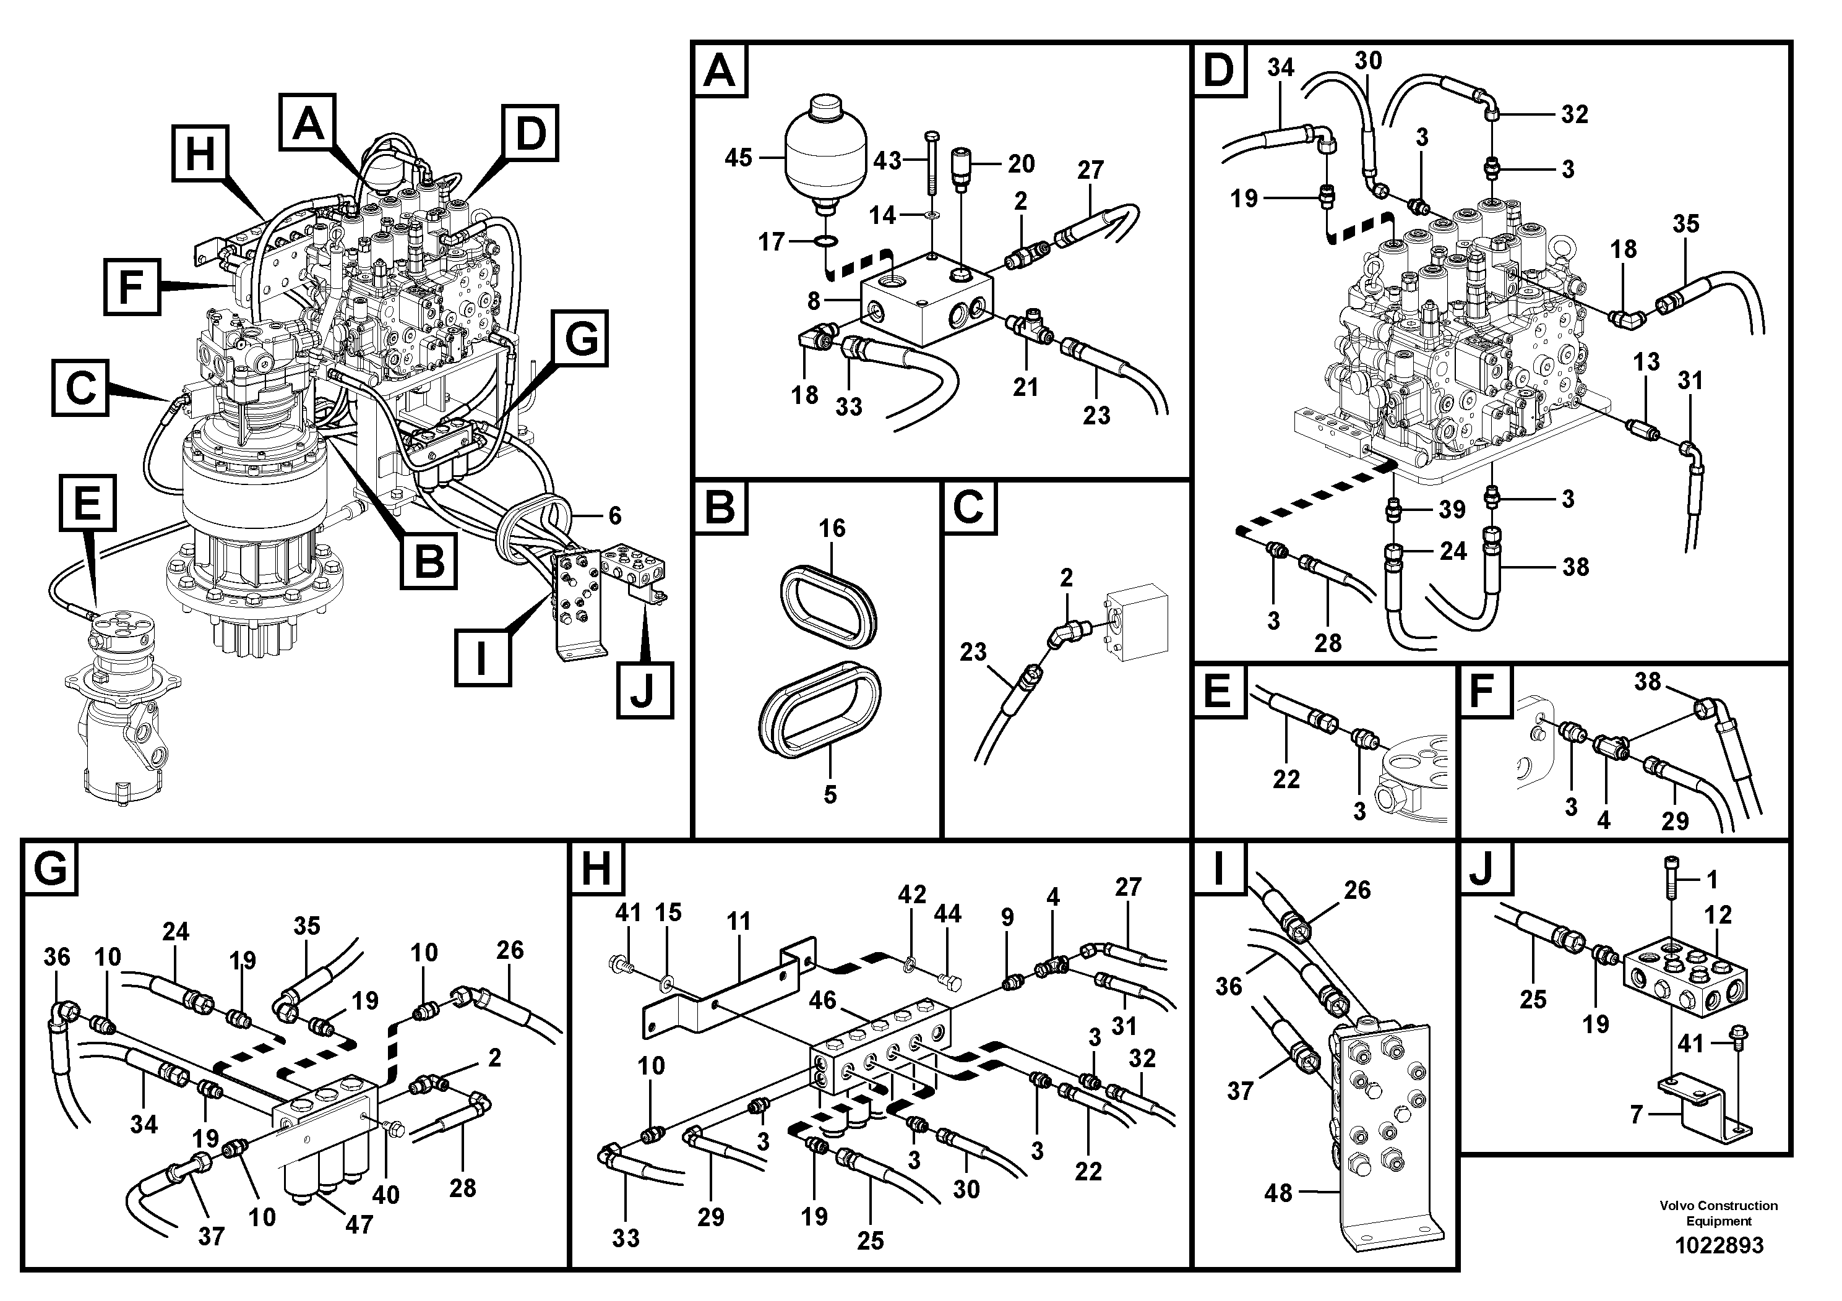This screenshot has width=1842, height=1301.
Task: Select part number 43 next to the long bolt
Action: click(x=887, y=161)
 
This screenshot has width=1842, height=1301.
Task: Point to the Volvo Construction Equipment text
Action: click(x=1718, y=1213)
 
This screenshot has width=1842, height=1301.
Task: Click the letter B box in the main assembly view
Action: click(x=430, y=562)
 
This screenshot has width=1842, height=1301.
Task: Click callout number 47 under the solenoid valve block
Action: click(x=359, y=1224)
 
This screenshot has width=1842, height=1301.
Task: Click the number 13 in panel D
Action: click(x=1646, y=362)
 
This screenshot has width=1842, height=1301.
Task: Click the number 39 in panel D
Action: click(x=1452, y=509)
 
